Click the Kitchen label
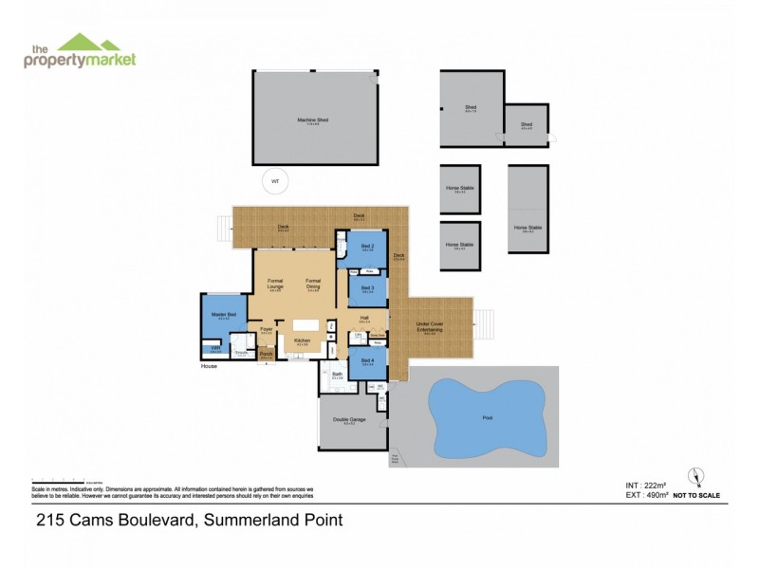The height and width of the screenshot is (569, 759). tap(303, 340)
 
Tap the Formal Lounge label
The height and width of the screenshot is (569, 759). tap(275, 283)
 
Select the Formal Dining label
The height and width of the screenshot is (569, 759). tap(313, 283)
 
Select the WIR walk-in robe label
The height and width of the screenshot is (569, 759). tap(215, 348)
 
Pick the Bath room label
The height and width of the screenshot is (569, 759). tap(337, 376)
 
